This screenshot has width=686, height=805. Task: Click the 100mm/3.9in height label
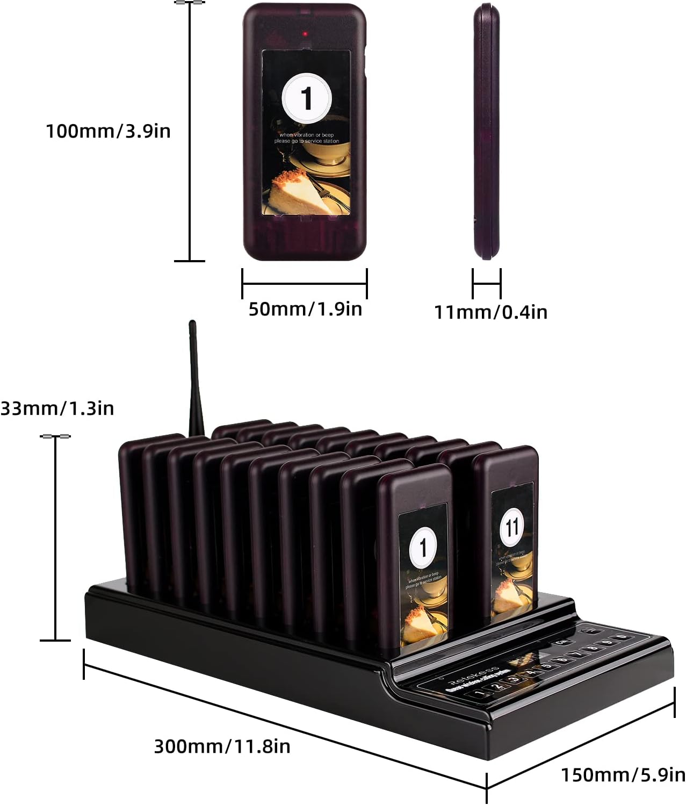108,131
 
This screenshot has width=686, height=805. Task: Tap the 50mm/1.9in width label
305,309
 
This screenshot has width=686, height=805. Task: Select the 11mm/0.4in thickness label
490,312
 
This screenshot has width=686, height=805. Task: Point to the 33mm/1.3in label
57,408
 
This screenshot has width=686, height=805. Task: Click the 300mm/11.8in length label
222,746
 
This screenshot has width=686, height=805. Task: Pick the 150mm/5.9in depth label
623,775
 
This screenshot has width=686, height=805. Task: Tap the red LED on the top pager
305,34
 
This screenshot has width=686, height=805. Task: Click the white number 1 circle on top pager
306,98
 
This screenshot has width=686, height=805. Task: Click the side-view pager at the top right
486,131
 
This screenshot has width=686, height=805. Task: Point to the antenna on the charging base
194,376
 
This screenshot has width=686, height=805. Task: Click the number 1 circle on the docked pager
423,547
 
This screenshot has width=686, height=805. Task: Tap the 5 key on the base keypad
547,666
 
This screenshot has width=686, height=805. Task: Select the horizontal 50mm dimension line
305,284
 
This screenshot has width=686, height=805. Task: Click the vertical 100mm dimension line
190,131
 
